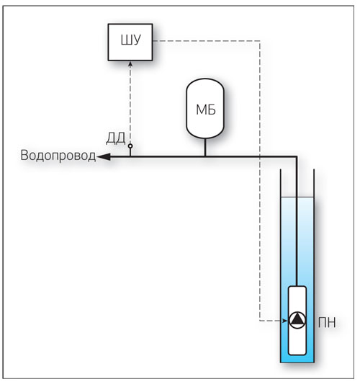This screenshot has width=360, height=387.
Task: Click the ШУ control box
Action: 130,42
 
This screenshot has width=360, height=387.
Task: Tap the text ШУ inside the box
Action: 131,40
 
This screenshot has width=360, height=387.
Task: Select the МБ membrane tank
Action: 205,108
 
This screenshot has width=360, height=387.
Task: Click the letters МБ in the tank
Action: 206,110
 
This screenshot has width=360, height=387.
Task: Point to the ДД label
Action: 116,138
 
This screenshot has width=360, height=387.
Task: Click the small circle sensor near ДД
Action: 130,146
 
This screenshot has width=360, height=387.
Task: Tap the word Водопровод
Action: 58,156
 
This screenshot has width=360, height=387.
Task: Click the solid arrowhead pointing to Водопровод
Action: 104,156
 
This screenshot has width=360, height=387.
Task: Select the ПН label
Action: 327,322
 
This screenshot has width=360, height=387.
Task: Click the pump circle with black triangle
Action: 297,320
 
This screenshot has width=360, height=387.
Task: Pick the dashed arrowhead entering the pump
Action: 285,321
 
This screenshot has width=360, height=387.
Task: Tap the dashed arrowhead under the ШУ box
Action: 130,64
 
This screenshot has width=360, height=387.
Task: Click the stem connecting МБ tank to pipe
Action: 205,147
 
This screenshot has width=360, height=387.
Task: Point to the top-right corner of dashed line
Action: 260,41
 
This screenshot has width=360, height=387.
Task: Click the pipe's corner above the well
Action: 297,156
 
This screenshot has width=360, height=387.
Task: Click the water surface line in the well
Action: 297,197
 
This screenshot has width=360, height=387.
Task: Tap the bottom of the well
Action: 297,362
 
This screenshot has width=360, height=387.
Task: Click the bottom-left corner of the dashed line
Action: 260,321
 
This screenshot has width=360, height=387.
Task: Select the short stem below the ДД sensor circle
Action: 130,152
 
